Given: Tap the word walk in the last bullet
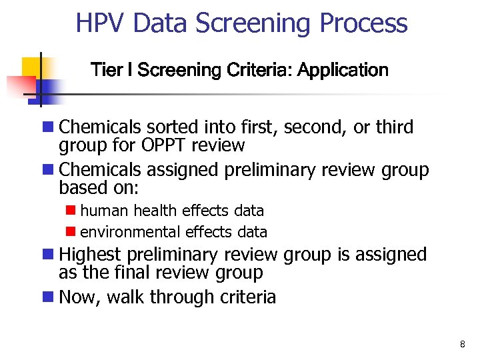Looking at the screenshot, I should click(x=125, y=297).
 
